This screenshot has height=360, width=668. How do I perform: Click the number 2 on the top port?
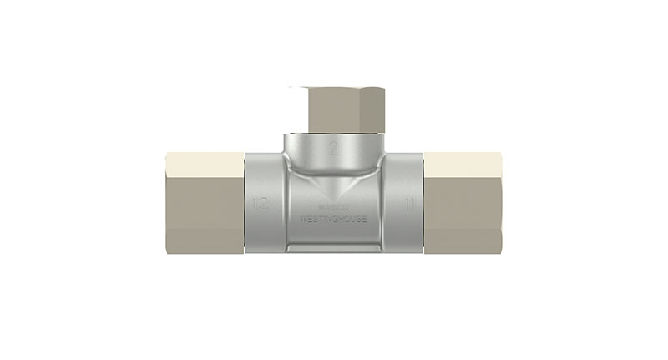tap(332, 150)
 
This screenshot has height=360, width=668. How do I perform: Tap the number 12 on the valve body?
tap(261, 203)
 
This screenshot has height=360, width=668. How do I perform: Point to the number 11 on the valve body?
tap(409, 203)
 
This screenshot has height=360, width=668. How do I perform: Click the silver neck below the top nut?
tap(333, 146)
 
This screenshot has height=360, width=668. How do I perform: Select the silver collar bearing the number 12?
tap(266, 203)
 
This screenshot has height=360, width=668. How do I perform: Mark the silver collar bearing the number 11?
tap(404, 203)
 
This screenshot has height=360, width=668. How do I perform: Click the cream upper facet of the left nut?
tap(205, 165)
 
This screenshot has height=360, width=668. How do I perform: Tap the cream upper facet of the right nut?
tap(463, 165)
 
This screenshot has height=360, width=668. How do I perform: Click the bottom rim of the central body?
tap(333, 248)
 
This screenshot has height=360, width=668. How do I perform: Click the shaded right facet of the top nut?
tap(378, 110)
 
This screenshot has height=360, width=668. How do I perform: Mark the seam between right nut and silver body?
tap(424, 203)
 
